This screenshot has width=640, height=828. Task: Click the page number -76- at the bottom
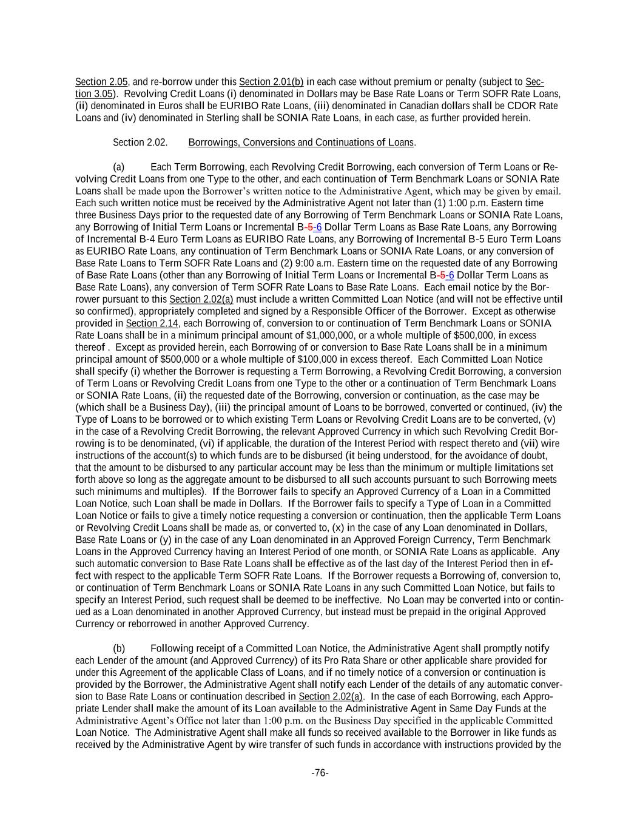pos(320,773)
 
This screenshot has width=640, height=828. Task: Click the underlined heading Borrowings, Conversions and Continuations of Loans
pos(301,143)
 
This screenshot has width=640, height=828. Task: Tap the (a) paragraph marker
pos(119,167)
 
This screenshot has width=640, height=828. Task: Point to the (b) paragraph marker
pos(119,648)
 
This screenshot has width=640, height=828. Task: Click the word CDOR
pos(527,106)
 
